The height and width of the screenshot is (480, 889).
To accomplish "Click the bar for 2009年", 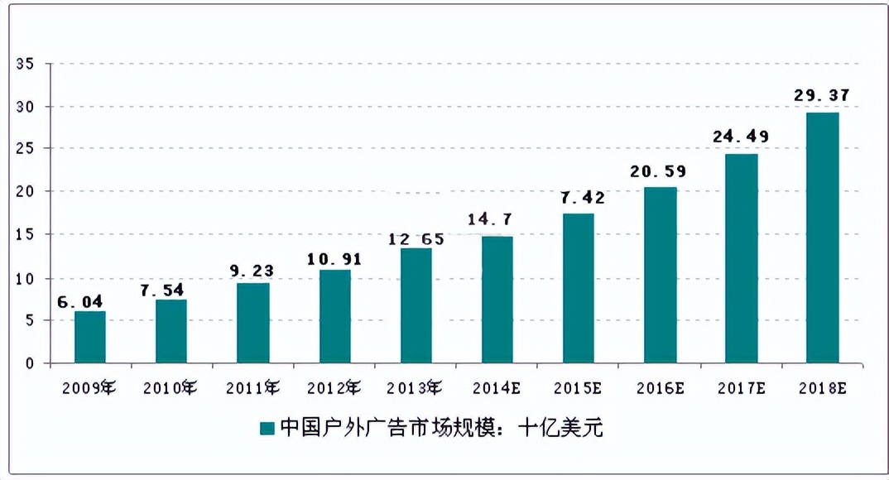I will click(x=90, y=337).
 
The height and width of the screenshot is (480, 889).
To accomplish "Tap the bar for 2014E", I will click(x=497, y=300).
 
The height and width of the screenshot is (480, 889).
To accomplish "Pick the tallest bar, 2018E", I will click(x=822, y=238).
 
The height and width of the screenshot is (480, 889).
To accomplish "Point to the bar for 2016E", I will click(x=660, y=275).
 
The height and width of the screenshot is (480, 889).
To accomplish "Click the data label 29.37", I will click(x=822, y=95).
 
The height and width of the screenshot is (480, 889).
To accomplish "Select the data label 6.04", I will click(x=80, y=301).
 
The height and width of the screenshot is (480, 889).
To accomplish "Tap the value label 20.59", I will click(x=660, y=172).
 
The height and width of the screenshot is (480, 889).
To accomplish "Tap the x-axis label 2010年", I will click(x=170, y=386).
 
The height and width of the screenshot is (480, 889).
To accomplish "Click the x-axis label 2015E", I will click(x=579, y=386).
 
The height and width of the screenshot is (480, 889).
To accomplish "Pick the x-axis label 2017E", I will click(x=742, y=386).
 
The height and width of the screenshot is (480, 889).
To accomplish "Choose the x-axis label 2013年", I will click(x=415, y=386).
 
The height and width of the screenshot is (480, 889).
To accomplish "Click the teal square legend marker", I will click(x=267, y=428).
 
